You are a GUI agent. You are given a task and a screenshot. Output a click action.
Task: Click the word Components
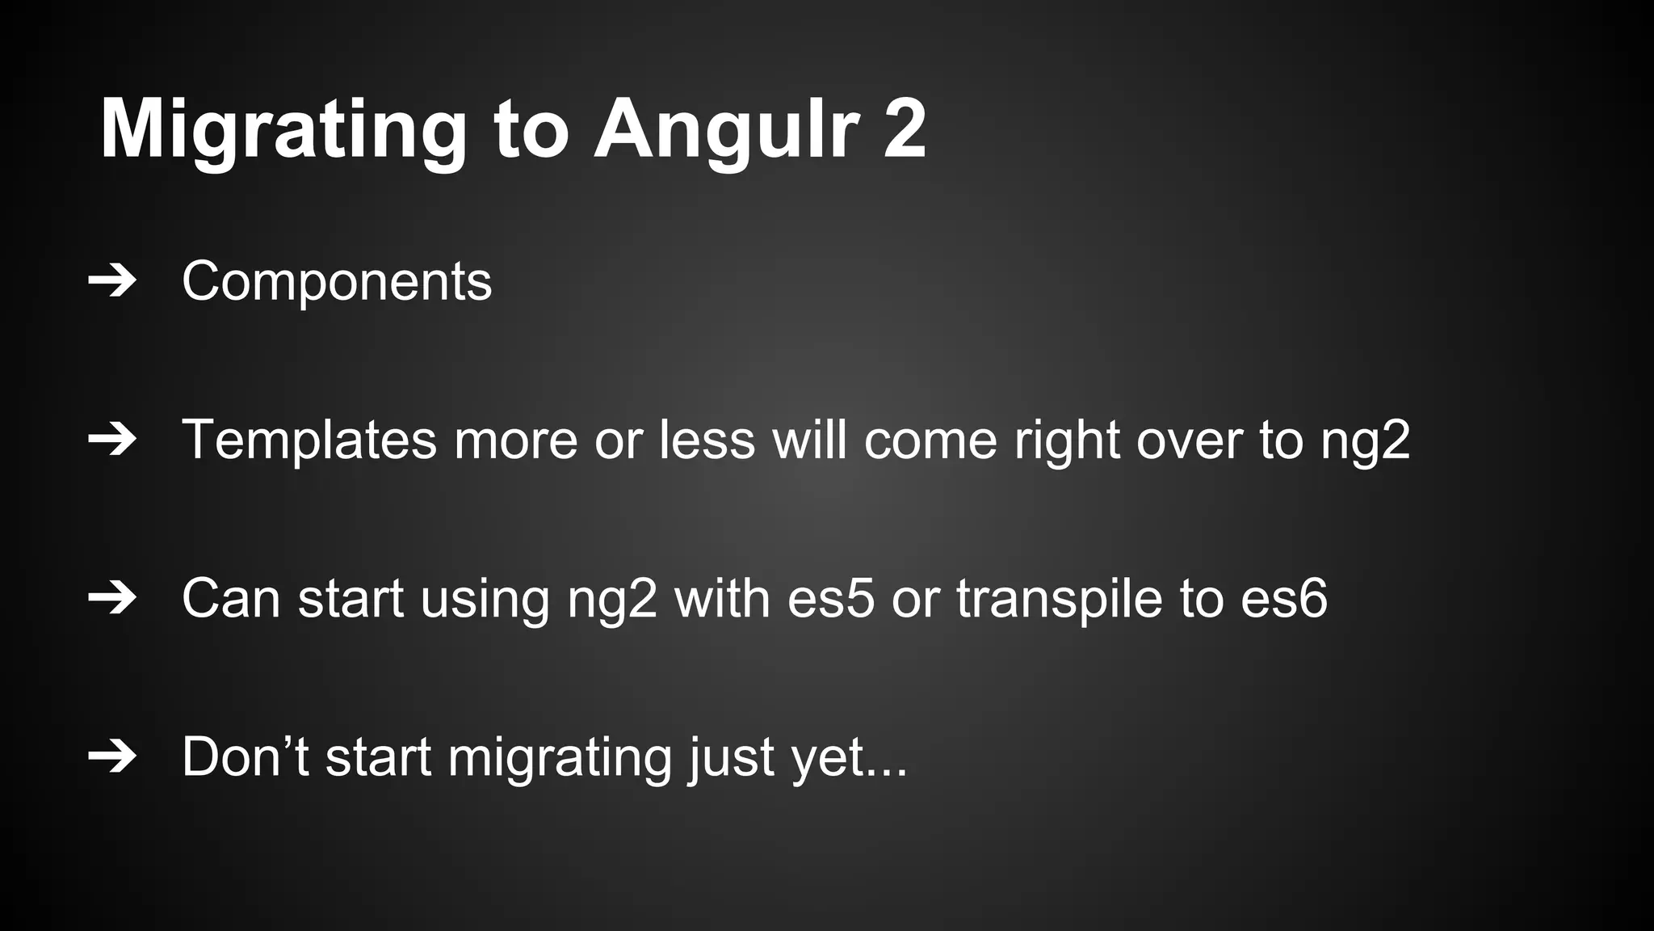pos(336,282)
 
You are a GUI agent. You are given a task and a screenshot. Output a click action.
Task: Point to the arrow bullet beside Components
pos(111,281)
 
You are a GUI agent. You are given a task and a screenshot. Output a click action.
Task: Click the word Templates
pos(309,440)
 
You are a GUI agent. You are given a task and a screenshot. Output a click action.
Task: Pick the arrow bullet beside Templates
pos(111,440)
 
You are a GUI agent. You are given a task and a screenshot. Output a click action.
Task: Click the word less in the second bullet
pos(706,440)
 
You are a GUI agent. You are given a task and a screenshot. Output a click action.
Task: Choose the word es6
pos(1283,599)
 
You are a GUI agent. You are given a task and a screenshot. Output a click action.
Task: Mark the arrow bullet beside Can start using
pos(111,598)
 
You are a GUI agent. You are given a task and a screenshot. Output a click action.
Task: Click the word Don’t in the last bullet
pos(246,757)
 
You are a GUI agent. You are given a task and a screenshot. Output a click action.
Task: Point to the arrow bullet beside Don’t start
pos(111,756)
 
